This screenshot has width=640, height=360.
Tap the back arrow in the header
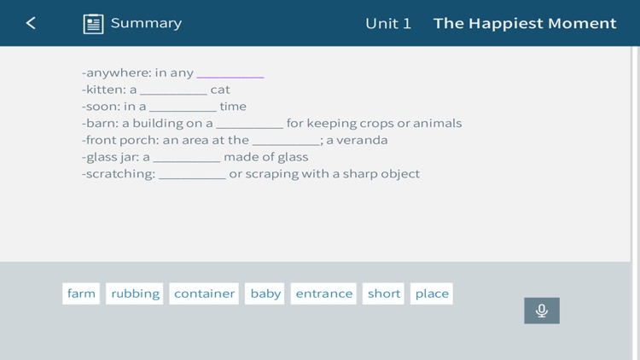pos(31,23)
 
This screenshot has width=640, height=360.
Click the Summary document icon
pos(93,24)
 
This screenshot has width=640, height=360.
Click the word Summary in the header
pos(146,23)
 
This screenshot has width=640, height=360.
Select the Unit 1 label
pos(388,23)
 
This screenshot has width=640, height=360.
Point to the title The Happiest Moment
pos(525,23)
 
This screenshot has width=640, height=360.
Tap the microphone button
pos(542,311)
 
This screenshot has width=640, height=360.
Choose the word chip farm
pos(81,293)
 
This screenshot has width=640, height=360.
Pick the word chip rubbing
pos(135,293)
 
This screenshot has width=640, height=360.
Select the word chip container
pos(204,293)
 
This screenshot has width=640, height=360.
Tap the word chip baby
pos(265,293)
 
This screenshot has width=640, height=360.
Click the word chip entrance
pos(323,293)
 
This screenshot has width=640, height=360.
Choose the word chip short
pos(384,293)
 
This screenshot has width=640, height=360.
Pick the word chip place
pos(432,293)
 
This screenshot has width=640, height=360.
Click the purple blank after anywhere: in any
pos(230,73)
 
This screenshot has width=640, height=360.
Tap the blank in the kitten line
pos(174,90)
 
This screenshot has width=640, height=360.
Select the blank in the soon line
pos(183,107)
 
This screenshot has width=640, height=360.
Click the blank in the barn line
pos(249,124)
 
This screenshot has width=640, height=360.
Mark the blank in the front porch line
pos(286,141)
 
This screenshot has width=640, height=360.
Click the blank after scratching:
pos(192,174)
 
